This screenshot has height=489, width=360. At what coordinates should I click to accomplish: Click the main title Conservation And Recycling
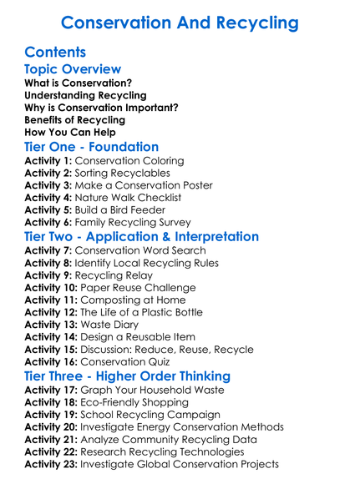[180, 23]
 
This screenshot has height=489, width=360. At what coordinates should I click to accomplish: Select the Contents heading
[56, 53]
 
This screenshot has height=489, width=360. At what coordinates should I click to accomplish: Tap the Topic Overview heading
[73, 69]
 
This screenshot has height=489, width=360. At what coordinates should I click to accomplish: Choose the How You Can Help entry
[70, 132]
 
